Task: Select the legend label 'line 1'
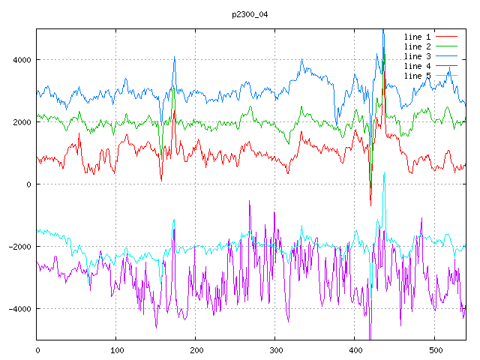(417, 37)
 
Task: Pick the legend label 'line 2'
(417, 46)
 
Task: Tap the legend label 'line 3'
(417, 56)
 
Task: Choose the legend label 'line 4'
(417, 66)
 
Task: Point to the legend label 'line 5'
(417, 76)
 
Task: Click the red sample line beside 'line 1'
(447, 37)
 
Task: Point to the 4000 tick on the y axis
(20, 60)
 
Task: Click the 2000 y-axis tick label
(20, 122)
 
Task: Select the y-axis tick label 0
(28, 184)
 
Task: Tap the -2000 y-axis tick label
(18, 247)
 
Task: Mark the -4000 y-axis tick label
(18, 309)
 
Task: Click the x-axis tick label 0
(37, 349)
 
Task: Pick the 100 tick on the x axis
(116, 349)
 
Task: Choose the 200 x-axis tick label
(196, 349)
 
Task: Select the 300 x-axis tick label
(275, 349)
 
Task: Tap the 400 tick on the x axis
(355, 349)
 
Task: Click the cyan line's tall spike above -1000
(384, 173)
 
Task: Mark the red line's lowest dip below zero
(370, 204)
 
